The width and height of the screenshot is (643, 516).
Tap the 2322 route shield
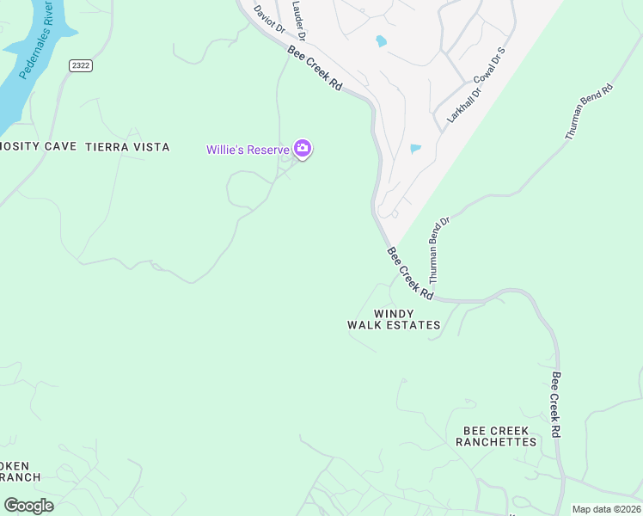point(81,65)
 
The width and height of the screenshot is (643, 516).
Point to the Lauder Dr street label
point(298,19)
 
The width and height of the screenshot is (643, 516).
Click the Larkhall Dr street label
point(448,101)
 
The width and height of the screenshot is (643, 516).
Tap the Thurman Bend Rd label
point(589,112)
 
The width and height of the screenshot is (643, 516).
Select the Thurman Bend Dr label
point(439,250)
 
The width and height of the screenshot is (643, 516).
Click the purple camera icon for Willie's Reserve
point(302,149)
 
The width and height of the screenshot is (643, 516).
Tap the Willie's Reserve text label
point(247,150)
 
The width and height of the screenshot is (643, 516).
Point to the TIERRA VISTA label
point(127,147)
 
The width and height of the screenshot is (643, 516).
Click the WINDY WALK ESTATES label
point(394,319)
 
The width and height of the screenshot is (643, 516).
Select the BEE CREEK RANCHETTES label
point(499,436)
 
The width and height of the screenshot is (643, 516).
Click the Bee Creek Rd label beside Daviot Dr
point(315,70)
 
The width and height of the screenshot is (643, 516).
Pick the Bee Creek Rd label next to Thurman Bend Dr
point(410,273)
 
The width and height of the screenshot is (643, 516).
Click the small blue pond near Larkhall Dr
point(416,149)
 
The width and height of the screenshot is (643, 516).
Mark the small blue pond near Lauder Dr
point(381,40)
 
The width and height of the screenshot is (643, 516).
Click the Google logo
point(28,506)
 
